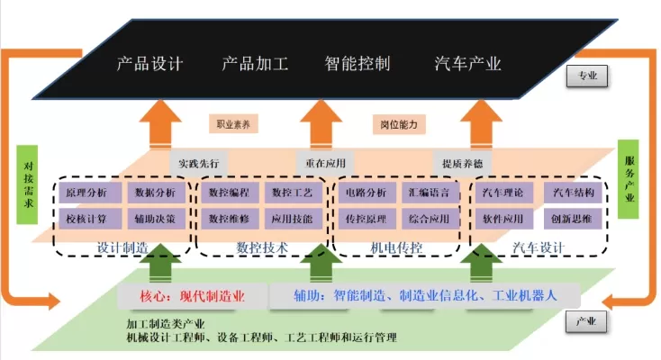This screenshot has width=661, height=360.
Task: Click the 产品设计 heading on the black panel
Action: pyautogui.click(x=150, y=64)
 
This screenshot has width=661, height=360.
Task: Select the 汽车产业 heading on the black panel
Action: pyautogui.click(x=467, y=64)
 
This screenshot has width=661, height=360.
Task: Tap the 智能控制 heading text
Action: pyautogui.click(x=358, y=64)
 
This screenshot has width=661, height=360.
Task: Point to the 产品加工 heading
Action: pyautogui.click(x=255, y=64)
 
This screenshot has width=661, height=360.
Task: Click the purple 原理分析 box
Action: pyautogui.click(x=87, y=193)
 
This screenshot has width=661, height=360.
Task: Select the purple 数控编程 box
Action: pyautogui.click(x=229, y=193)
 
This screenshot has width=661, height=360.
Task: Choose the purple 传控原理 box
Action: pyautogui.click(x=366, y=219)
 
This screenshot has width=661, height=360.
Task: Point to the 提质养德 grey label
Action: pyautogui.click(x=463, y=164)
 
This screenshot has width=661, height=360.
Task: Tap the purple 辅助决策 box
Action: pyautogui.click(x=158, y=219)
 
